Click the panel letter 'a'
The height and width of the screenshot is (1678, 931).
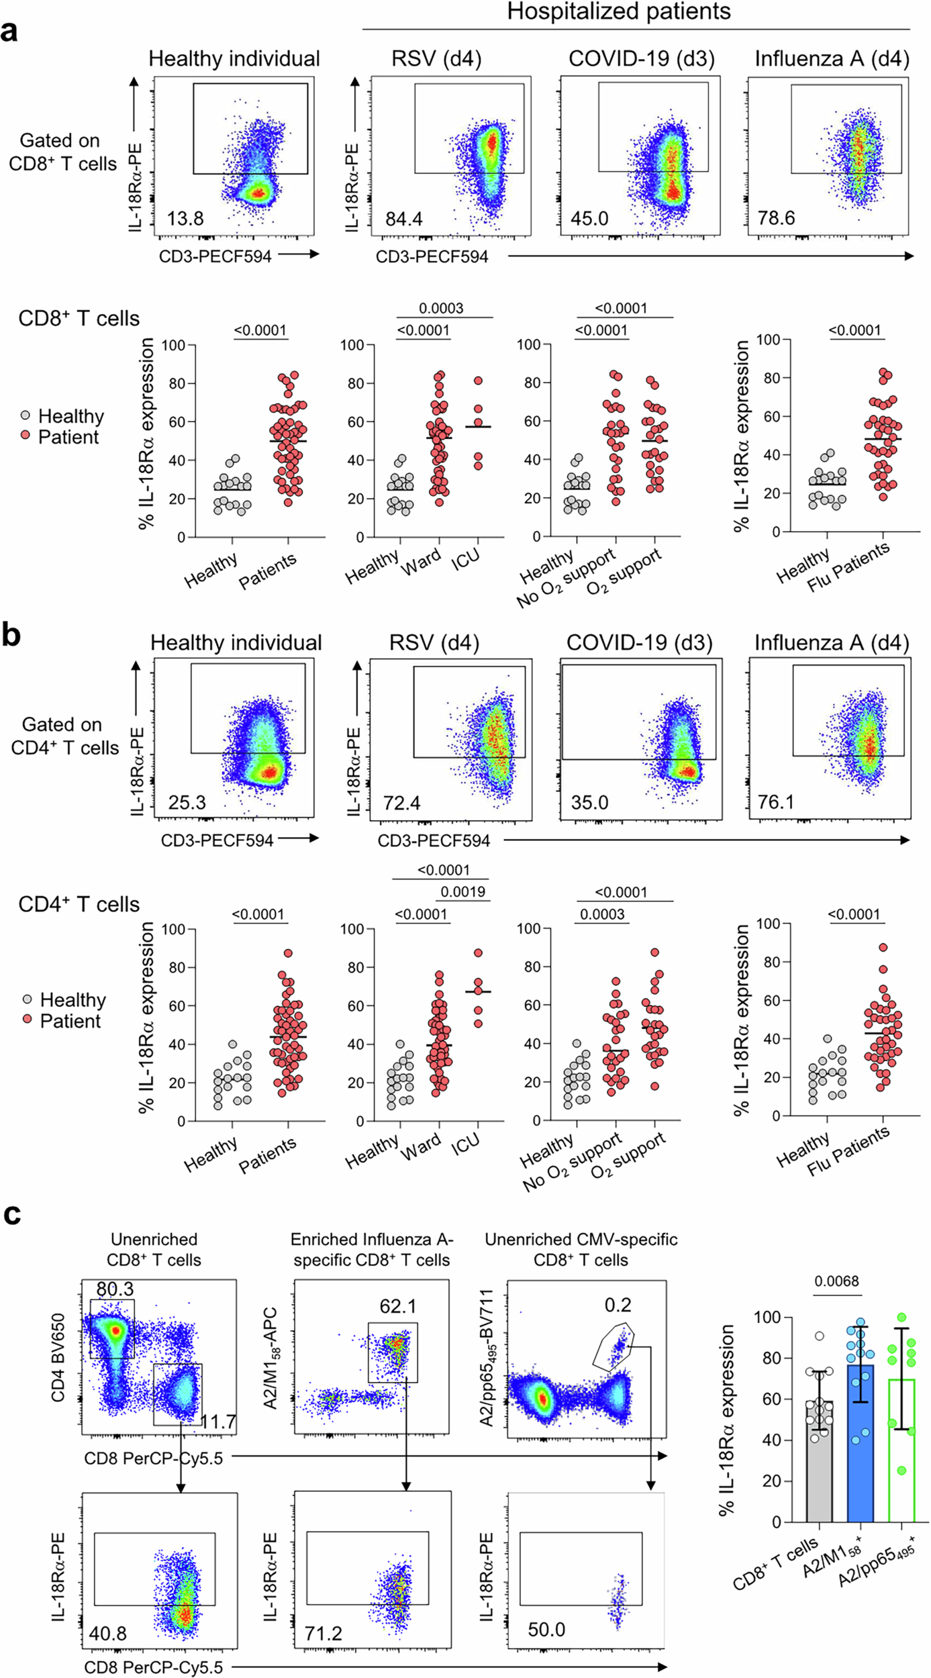pos(9,31)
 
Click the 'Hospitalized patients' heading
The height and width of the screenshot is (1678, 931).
pos(618,11)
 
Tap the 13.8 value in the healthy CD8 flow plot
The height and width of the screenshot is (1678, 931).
pos(185,219)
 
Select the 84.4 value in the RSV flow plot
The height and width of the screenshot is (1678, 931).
pos(403,219)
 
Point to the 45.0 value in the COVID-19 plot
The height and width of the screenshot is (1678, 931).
pos(589,219)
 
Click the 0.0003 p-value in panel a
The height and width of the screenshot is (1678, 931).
pos(441,309)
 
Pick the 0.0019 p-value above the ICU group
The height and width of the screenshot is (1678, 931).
pos(463,892)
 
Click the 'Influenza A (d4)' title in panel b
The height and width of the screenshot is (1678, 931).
pos(832,643)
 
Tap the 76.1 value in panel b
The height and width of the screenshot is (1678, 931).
pos(776,803)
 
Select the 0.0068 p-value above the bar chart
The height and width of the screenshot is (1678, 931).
pos(836,1281)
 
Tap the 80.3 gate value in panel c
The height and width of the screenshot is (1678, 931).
pos(115,1289)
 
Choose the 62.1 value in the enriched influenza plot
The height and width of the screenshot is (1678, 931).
pos(398,1306)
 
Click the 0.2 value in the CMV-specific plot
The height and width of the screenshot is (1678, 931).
pos(618,1305)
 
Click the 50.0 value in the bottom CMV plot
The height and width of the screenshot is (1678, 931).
pos(546,1630)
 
